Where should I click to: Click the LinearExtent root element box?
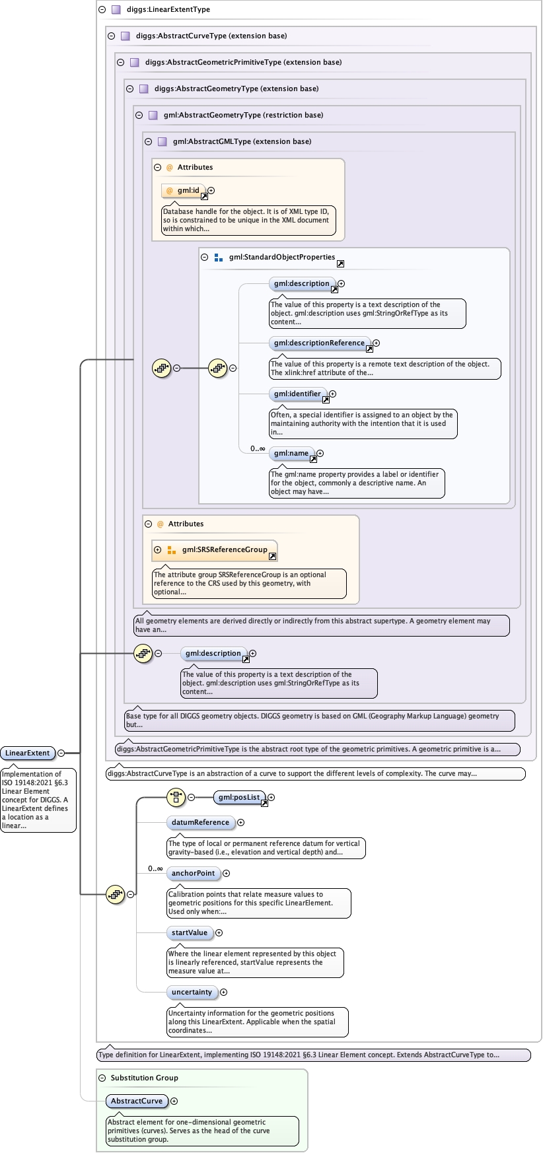coord(28,753)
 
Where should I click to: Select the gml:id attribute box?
coord(184,191)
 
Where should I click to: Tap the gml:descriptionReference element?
coord(320,343)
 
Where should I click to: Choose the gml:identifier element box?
coord(298,394)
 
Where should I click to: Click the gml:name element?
coord(291,454)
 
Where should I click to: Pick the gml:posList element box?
coord(239,798)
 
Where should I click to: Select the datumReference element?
coord(201,823)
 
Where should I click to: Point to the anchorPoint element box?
coord(193,874)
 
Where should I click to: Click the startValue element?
coord(190,933)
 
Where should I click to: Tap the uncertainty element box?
coord(192,993)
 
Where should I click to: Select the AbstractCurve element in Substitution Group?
coord(137,1101)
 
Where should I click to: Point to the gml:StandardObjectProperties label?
coord(282,258)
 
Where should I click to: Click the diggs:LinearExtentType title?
coord(168,10)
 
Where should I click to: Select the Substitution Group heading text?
coord(145,1078)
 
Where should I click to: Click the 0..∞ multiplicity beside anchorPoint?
coord(155,869)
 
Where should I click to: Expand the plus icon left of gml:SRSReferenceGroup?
coord(157,550)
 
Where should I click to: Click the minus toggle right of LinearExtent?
coord(61,753)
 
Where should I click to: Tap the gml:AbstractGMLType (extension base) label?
coord(242,142)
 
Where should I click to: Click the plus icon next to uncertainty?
coord(223,993)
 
